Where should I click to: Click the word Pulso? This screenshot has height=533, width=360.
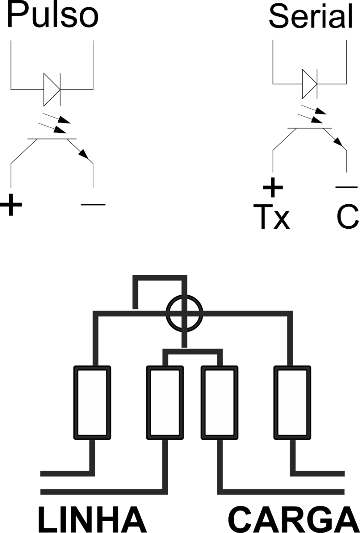point(53,15)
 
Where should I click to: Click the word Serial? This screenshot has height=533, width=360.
point(311,16)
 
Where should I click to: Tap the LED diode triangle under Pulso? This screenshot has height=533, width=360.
point(52,89)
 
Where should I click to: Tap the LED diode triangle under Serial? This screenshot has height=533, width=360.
point(309,84)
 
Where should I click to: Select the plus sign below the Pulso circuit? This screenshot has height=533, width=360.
point(11,205)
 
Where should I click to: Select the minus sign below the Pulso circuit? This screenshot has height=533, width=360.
point(93,204)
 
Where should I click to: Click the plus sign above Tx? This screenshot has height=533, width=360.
point(273,187)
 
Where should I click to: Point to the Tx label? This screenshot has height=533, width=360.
point(272,216)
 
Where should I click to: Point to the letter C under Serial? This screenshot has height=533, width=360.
point(348,216)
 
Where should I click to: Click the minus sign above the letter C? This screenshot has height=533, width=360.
point(346,187)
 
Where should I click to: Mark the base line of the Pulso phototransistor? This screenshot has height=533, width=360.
point(52,139)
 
